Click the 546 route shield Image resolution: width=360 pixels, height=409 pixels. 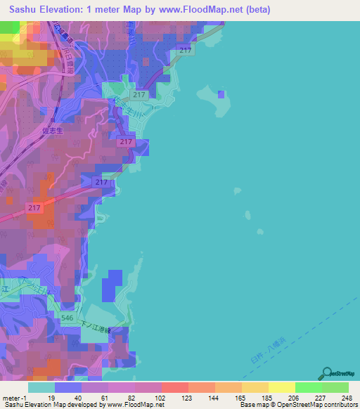coord(67,318)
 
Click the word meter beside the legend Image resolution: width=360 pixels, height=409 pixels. coord(11,397)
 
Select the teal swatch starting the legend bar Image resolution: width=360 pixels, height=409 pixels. coord(41,387)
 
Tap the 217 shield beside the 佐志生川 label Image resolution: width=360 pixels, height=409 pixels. coord(139,95)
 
